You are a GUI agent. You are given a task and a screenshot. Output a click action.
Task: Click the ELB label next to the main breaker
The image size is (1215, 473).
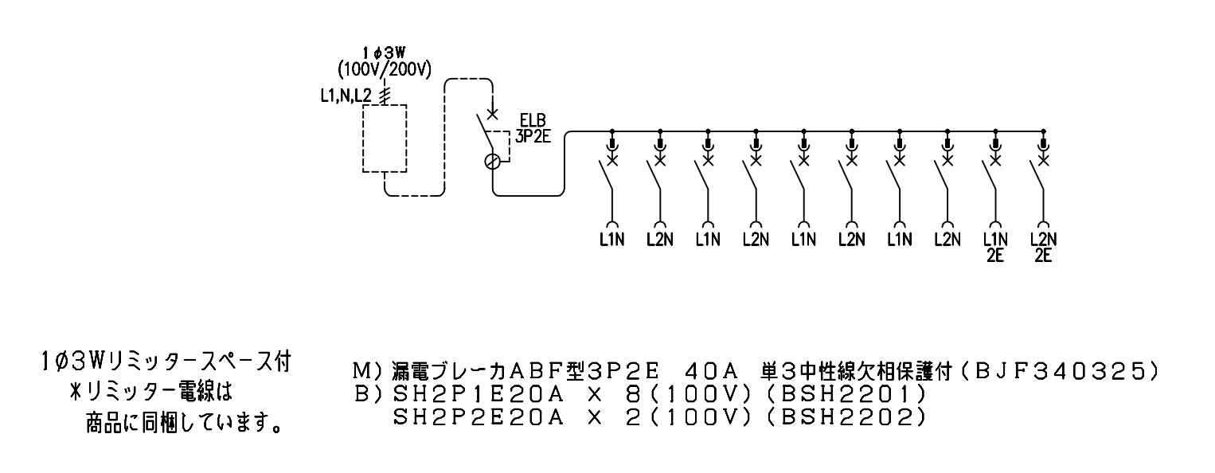pyautogui.click(x=533, y=120)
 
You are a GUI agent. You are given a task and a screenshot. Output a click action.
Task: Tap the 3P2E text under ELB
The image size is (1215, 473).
pyautogui.click(x=533, y=136)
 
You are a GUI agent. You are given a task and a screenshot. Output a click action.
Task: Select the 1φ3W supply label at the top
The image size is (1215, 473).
pyautogui.click(x=384, y=53)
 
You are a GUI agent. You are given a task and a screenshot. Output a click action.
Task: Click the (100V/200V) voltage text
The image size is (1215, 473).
pyautogui.click(x=384, y=70)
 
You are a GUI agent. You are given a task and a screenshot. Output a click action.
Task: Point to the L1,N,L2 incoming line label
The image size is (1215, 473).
pyautogui.click(x=346, y=96)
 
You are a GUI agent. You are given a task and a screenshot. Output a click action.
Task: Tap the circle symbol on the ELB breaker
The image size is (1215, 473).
pyautogui.click(x=492, y=162)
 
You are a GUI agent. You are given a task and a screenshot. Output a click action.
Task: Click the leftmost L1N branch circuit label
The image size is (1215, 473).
pyautogui.click(x=611, y=239)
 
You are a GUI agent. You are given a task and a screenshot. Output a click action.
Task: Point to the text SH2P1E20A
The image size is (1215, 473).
pyautogui.click(x=479, y=394)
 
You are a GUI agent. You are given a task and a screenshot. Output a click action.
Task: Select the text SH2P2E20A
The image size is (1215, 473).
pyautogui.click(x=479, y=417)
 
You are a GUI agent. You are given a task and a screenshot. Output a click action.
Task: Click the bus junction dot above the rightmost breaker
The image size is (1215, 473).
pyautogui.click(x=1043, y=131)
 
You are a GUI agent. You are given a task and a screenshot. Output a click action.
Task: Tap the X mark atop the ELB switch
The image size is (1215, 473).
pyautogui.click(x=492, y=114)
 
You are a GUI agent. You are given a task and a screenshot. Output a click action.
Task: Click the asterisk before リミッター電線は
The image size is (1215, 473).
pyautogui.click(x=76, y=392)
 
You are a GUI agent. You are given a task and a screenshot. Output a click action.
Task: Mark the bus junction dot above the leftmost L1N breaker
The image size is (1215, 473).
pyautogui.click(x=611, y=131)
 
